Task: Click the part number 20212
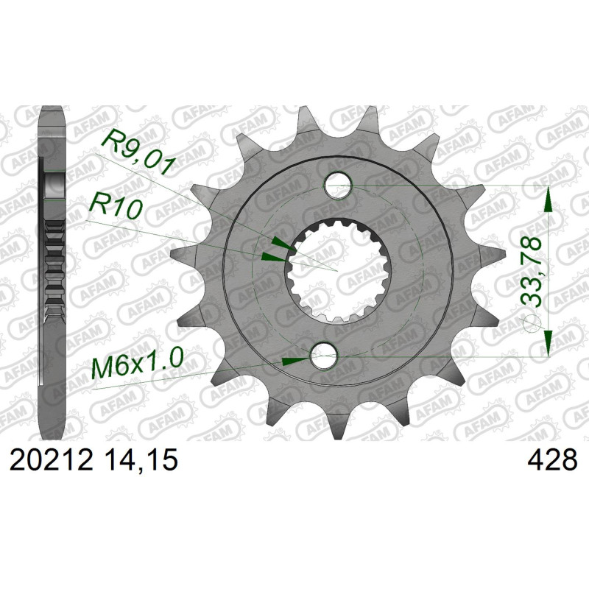tap(51, 461)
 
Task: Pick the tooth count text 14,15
tap(138, 461)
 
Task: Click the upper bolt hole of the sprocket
tap(339, 186)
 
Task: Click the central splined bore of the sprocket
tap(339, 270)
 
